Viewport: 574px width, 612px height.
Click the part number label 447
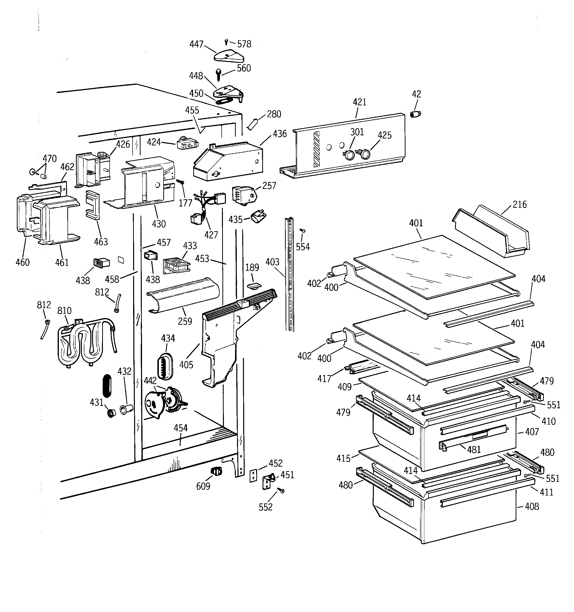pos(196,44)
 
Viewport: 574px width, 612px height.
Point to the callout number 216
pos(520,204)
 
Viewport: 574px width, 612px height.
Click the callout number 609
pos(203,486)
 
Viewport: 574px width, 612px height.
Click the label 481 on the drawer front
pos(474,450)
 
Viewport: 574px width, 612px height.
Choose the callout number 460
pos(23,262)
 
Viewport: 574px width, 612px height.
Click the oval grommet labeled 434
pos(166,366)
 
